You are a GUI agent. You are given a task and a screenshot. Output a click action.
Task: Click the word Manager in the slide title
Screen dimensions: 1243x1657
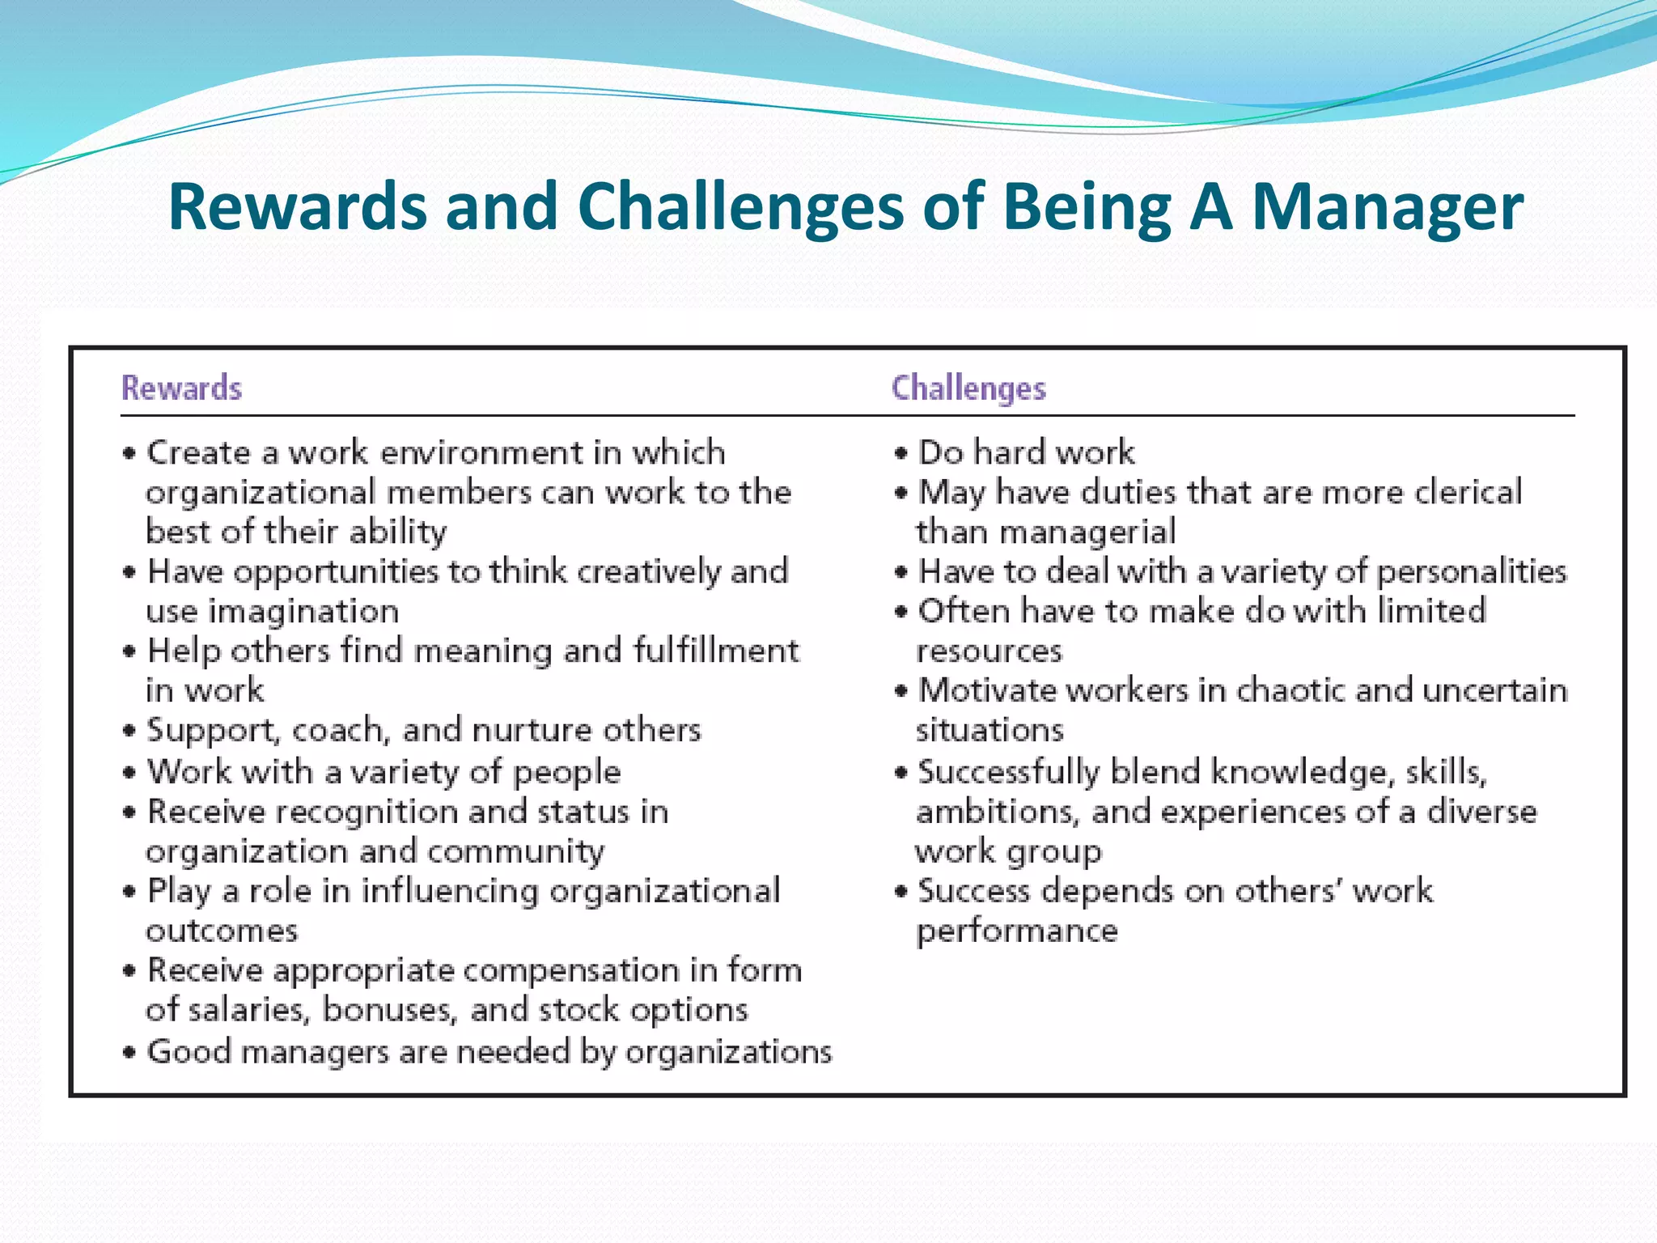tap(1387, 207)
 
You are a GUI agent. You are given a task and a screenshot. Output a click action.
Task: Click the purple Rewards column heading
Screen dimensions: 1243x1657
tap(181, 388)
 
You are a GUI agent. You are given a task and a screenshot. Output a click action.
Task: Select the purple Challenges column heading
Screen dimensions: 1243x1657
tap(968, 388)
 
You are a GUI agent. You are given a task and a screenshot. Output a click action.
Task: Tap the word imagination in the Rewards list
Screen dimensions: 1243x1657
tap(303, 612)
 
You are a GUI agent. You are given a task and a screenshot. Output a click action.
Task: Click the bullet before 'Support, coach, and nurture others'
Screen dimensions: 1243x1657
tap(129, 731)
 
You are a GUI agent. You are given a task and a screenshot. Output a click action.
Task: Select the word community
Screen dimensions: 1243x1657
tap(515, 852)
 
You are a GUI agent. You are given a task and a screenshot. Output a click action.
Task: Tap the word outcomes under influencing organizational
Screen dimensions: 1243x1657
tap(222, 931)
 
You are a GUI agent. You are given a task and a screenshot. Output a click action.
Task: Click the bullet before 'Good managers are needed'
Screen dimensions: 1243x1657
tap(129, 1053)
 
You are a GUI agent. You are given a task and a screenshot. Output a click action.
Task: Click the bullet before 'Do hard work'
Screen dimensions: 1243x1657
tap(901, 453)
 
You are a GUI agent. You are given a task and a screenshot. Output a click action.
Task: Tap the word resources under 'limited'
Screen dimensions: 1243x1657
tap(989, 651)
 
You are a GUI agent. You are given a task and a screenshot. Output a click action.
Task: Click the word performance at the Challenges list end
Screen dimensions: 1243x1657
tap(1016, 931)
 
